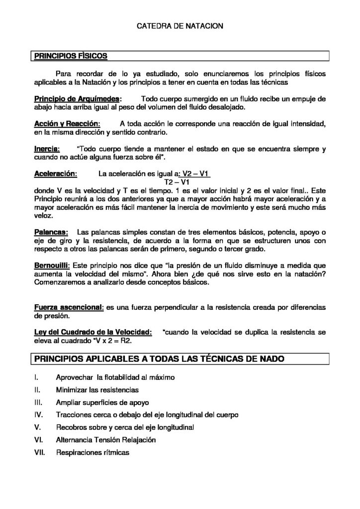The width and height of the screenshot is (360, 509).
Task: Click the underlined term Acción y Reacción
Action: click(67, 123)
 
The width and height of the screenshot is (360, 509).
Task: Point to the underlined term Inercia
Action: click(47, 149)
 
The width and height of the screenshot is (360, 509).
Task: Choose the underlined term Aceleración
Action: click(55, 174)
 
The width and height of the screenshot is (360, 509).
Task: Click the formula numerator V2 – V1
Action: click(195, 174)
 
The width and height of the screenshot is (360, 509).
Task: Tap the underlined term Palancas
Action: click(51, 232)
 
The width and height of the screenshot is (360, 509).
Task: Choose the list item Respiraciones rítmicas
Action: click(92, 452)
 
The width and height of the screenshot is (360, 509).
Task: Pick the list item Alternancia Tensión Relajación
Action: click(106, 439)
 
